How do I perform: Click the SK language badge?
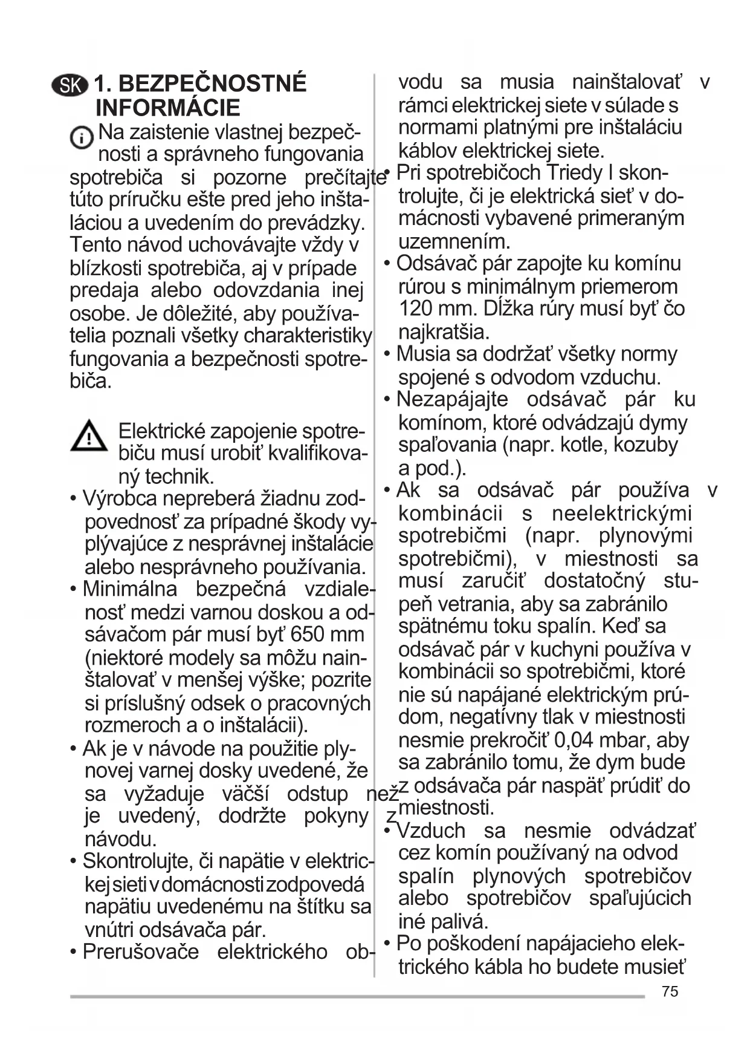[x=70, y=85]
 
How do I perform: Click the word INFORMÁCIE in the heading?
[x=167, y=108]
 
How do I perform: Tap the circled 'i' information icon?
[x=81, y=138]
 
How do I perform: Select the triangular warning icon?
[x=89, y=436]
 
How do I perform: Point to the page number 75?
[x=670, y=991]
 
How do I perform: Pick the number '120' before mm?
[x=416, y=309]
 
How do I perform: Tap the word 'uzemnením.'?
[x=454, y=241]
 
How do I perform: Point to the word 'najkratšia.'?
[x=444, y=331]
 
